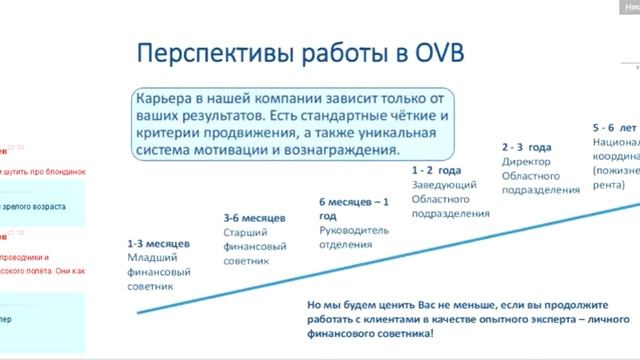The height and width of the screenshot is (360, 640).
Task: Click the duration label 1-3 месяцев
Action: [x=159, y=244]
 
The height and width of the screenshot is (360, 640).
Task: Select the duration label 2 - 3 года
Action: [x=530, y=146]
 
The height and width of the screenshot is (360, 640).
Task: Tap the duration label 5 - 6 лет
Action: [x=615, y=129]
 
